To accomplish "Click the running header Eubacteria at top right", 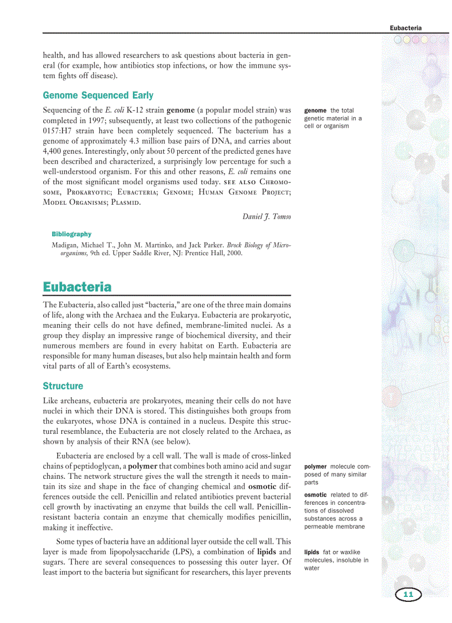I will coord(405,28).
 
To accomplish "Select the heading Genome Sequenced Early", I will coord(98,95).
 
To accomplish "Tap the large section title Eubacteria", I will coord(77,287).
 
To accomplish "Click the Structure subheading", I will coord(63,386).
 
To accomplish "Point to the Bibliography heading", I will coord(71,234).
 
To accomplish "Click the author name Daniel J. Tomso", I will coord(266,216).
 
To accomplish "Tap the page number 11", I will coord(408,595).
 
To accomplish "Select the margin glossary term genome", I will coord(315,110).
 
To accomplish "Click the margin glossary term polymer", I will coord(316,467).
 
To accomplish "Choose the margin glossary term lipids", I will coord(312,553).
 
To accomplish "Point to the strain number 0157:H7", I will coord(59,131).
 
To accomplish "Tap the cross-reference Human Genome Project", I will coord(243,192).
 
